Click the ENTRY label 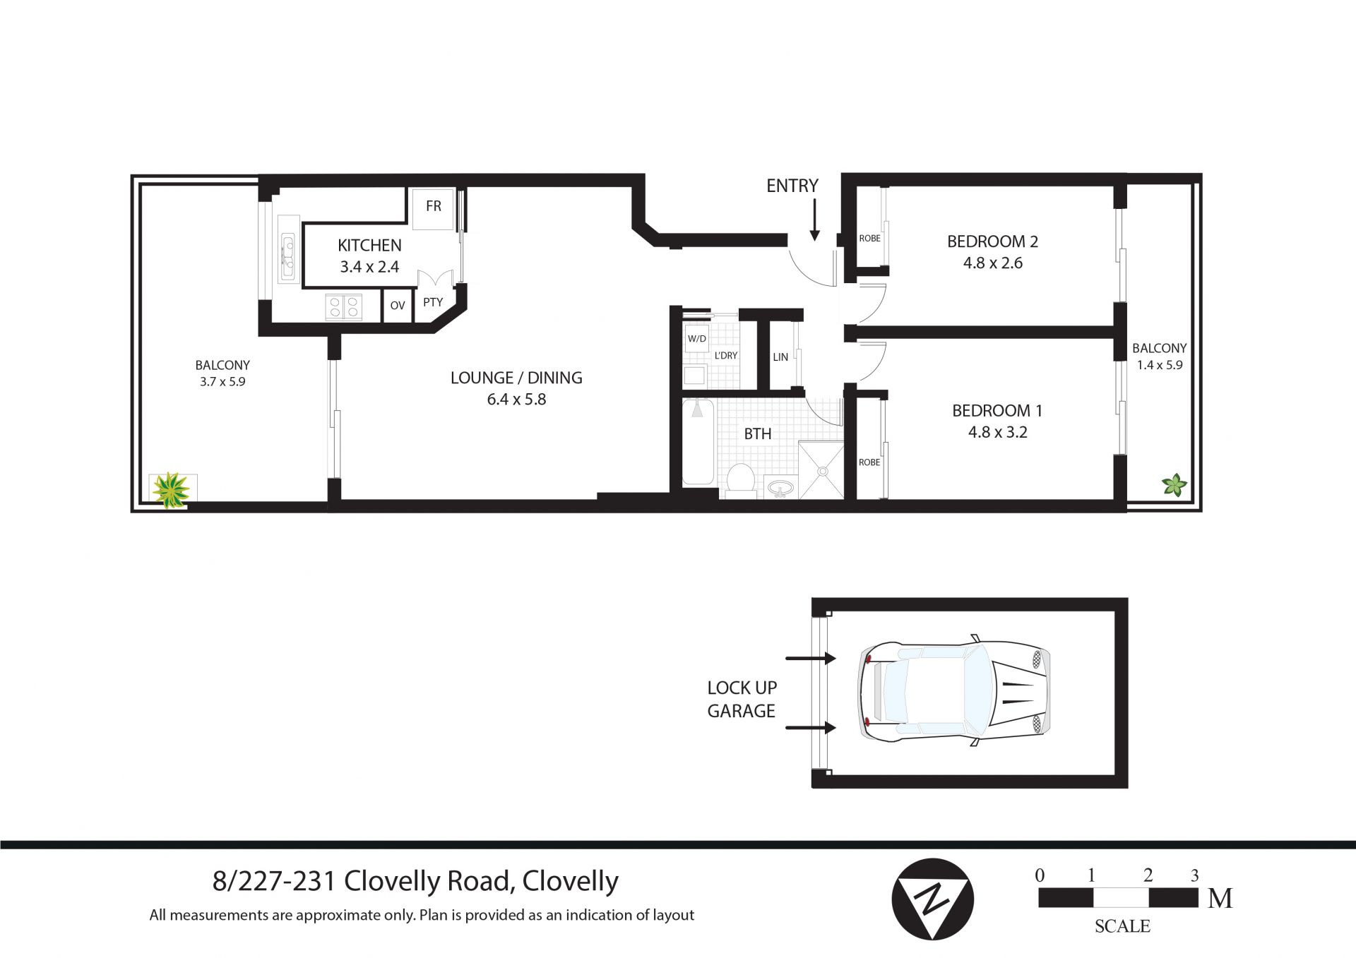pos(792,186)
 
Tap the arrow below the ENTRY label pos(814,220)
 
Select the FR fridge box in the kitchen pos(433,208)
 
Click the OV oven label pos(398,306)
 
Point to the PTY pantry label pos(433,302)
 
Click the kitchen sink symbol pos(288,258)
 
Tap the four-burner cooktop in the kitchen pos(344,306)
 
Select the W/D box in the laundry pos(697,339)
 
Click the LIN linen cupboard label pos(780,357)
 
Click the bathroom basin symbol pos(780,488)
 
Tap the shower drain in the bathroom pos(821,471)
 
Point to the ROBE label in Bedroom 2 pos(870,239)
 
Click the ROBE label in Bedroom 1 pos(869,462)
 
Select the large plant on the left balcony pos(172,490)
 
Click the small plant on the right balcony pos(1174,485)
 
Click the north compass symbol pos(932,899)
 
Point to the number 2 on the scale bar pos(1148,876)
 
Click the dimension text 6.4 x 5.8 pos(516,400)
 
